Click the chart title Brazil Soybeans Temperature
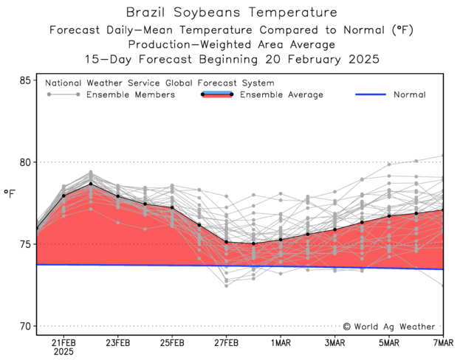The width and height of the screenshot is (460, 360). tap(232, 13)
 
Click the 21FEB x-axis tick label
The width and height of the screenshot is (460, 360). tap(63, 343)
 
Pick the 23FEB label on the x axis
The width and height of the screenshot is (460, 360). tap(118, 343)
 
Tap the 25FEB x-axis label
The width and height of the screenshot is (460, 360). tap(172, 343)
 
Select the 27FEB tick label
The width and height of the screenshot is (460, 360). tap(227, 343)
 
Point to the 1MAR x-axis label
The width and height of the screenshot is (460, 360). tap(281, 343)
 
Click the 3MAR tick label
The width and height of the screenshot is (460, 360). tap(335, 343)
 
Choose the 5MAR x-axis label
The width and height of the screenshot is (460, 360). tap(389, 343)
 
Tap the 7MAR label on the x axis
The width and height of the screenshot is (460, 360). tap(442, 343)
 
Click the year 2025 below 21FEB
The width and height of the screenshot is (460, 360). tap(63, 353)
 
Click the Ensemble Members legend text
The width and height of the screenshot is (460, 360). tap(130, 95)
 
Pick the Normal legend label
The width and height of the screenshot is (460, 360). tap(409, 95)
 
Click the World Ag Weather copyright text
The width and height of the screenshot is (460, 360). tap(391, 326)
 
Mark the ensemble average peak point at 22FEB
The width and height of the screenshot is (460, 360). tap(91, 184)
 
